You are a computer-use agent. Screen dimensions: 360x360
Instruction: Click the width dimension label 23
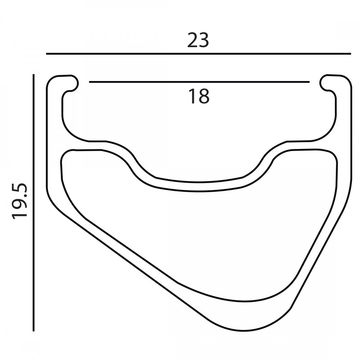[198, 40]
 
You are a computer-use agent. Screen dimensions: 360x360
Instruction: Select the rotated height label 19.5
[21, 201]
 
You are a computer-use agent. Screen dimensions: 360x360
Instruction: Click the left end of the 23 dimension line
[47, 54]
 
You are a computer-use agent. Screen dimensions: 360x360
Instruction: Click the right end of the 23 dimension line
[350, 54]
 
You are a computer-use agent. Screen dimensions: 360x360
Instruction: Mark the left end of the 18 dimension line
[90, 82]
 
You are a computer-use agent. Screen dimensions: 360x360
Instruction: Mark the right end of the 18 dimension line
[309, 82]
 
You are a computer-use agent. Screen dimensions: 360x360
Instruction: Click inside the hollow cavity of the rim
[198, 238]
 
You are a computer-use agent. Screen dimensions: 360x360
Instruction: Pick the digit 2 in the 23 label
[193, 40]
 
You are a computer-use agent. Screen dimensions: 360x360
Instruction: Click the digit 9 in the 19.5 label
[21, 204]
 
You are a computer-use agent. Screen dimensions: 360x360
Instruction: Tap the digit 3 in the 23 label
[204, 40]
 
